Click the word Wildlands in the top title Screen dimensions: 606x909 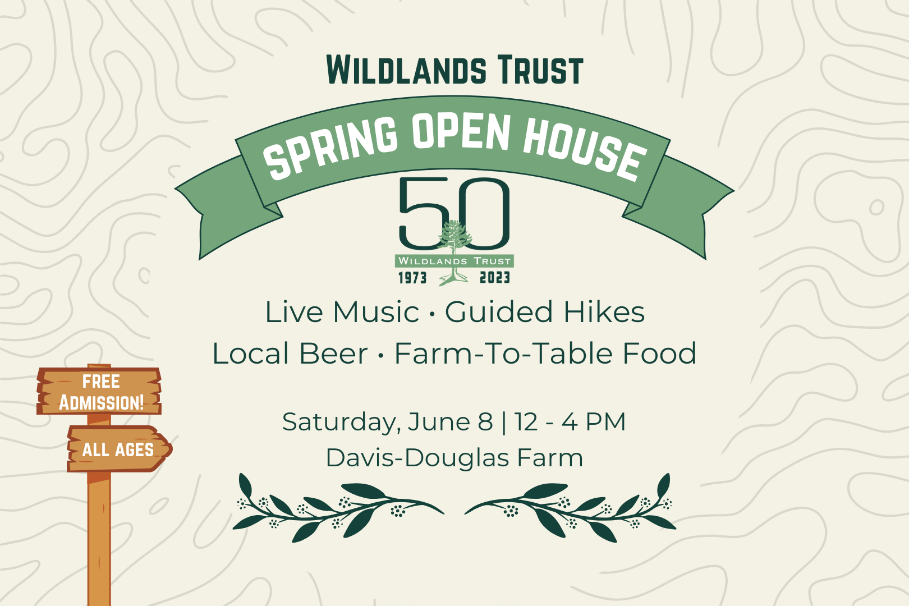(407, 71)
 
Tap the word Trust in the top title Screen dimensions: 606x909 (541, 71)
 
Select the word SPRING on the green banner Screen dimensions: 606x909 (331, 147)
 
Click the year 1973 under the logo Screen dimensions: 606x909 (412, 278)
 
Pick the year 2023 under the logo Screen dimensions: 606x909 (494, 278)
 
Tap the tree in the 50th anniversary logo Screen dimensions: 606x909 (455, 241)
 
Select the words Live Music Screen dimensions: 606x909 (342, 312)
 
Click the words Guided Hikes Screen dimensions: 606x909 (545, 312)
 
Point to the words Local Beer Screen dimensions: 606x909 (290, 353)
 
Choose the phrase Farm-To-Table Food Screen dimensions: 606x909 (545, 353)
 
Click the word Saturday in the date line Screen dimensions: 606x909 (341, 422)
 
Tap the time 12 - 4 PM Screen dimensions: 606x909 (570, 422)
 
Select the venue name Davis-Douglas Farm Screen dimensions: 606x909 (454, 458)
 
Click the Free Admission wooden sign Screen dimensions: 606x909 (100, 392)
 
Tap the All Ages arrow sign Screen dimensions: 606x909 (118, 449)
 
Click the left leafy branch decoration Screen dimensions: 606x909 (337, 508)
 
